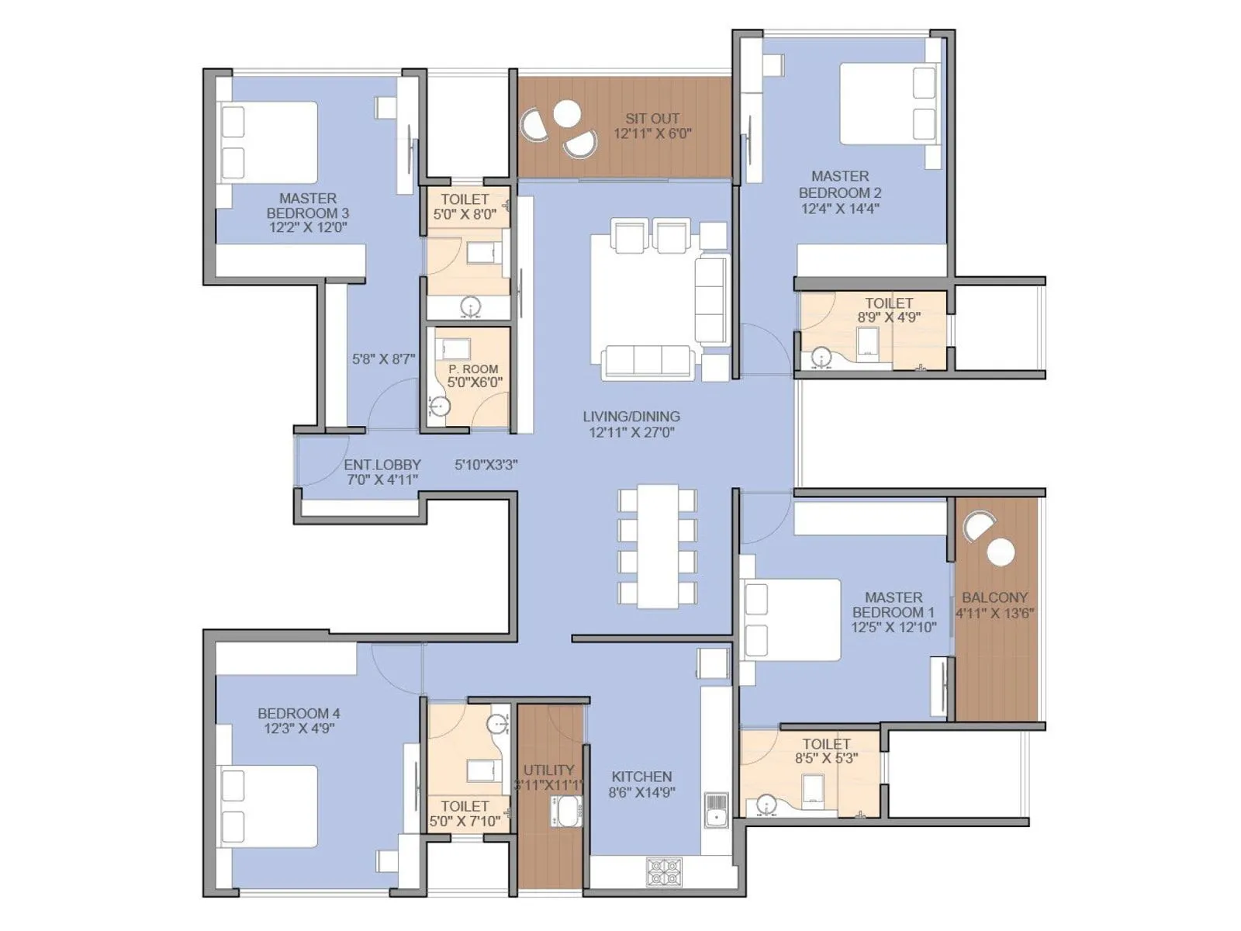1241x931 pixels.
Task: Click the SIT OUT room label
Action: (652, 119)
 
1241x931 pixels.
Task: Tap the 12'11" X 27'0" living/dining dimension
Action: (631, 433)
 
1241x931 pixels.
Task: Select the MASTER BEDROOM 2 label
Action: (840, 185)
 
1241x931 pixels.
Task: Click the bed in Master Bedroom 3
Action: (270, 143)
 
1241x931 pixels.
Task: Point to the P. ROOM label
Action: (473, 369)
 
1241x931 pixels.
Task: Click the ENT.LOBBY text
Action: (382, 465)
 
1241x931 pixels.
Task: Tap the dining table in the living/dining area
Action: (658, 546)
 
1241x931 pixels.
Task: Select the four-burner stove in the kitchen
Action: (665, 872)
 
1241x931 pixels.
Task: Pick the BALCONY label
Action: (994, 597)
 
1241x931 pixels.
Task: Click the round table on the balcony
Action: (1001, 552)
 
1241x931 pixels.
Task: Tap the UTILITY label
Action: (548, 770)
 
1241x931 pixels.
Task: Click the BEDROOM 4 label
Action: (299, 713)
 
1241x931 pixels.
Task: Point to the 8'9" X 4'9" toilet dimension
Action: (889, 317)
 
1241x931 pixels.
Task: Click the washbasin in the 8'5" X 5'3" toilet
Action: (766, 805)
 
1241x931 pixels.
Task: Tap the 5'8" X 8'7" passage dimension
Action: (383, 359)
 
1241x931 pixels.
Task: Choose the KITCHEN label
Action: (641, 777)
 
